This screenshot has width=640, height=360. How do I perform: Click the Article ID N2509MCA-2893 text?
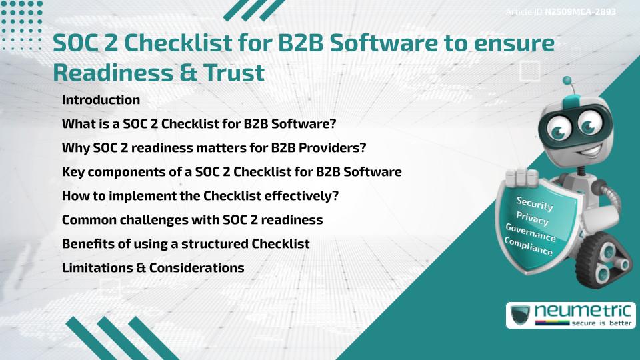[559, 12]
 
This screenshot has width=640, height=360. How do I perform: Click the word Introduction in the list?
[101, 100]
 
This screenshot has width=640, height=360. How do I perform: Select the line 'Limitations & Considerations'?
[153, 268]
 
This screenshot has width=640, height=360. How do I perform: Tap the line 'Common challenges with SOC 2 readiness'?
[192, 220]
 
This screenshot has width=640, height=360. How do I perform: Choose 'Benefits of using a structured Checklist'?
[185, 244]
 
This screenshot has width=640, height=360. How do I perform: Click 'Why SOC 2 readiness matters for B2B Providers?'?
[214, 148]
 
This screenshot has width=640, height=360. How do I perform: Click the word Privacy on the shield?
[533, 220]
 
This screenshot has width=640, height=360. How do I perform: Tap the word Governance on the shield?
[531, 235]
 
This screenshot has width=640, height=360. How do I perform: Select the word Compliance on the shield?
[529, 248]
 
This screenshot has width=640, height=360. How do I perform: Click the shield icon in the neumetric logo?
[520, 315]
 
